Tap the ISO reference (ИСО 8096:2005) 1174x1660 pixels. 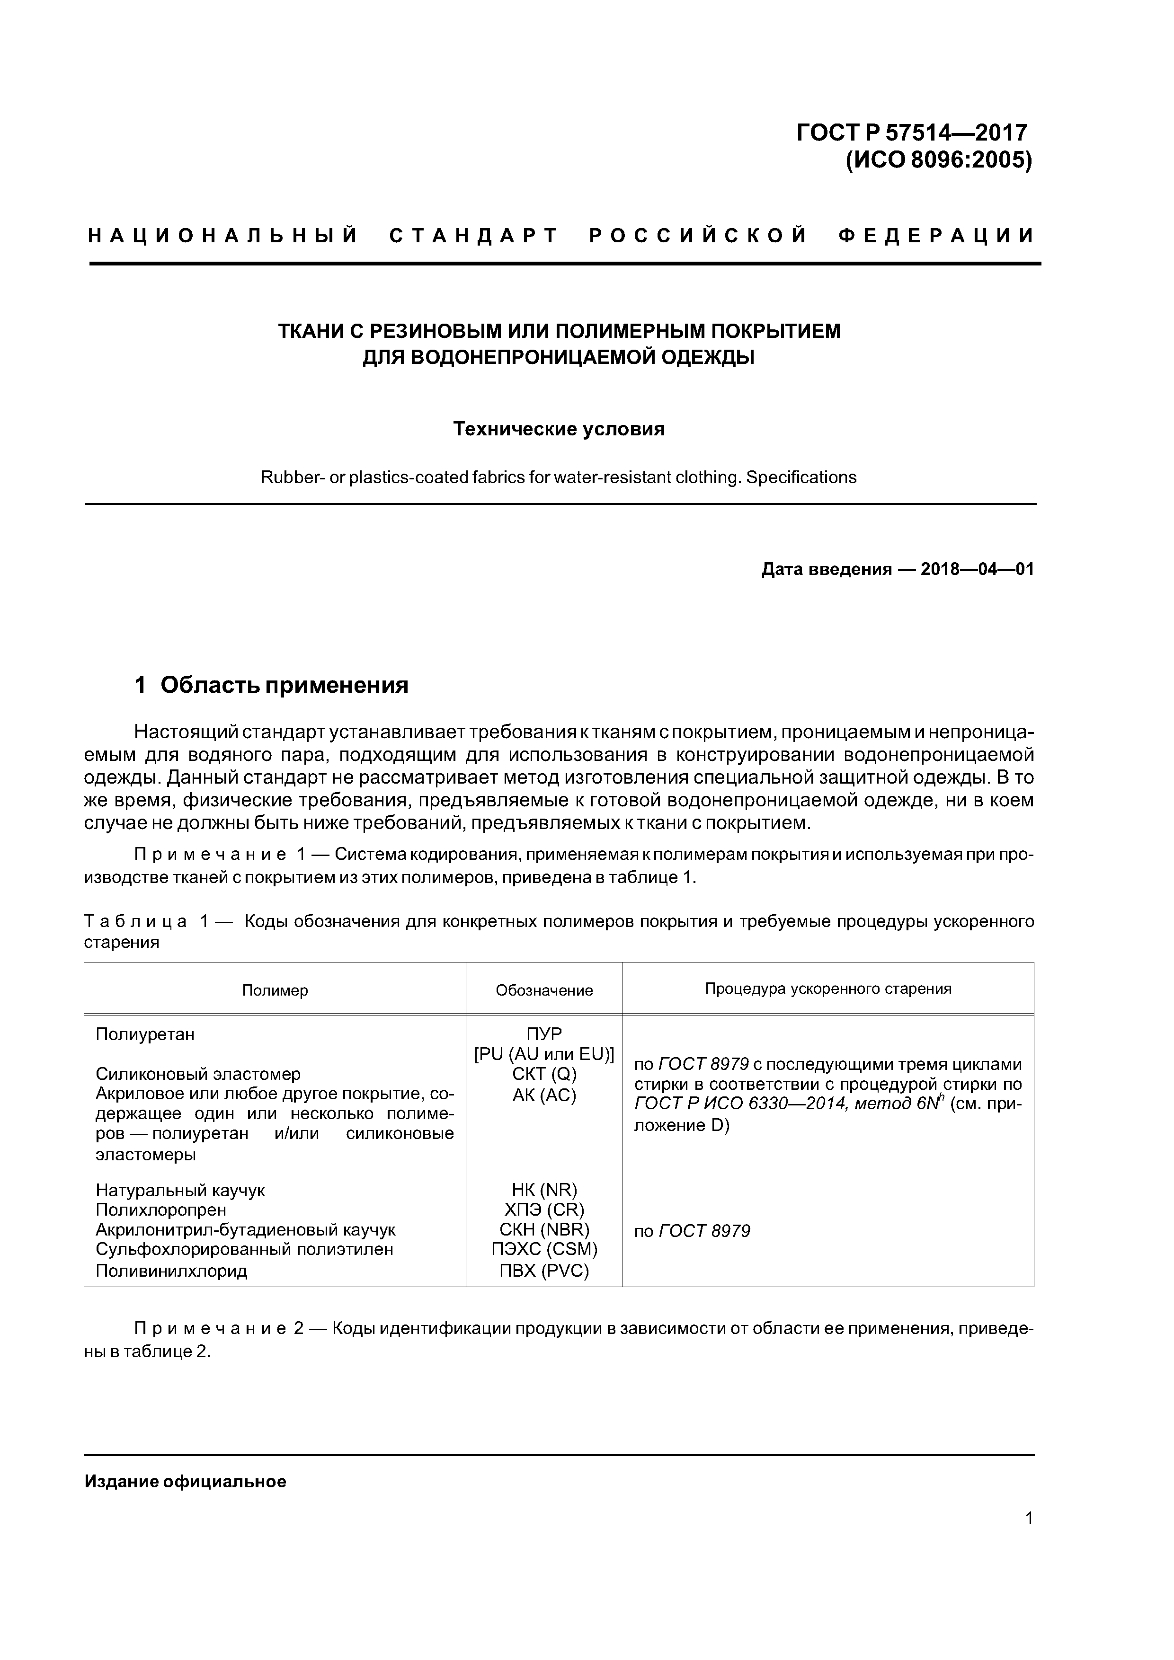click(x=938, y=160)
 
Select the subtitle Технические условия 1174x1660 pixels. click(x=559, y=430)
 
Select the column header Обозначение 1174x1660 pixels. click(x=544, y=990)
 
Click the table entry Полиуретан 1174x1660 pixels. click(x=145, y=1034)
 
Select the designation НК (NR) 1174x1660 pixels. click(x=544, y=1190)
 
